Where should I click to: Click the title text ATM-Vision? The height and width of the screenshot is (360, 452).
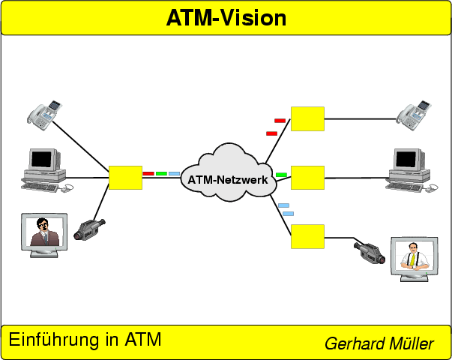coord(226,18)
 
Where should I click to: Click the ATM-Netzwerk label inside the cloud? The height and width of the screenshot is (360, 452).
coord(228,179)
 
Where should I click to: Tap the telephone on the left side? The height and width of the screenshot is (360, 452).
coord(45,112)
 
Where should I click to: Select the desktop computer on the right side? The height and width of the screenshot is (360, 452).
coord(409,168)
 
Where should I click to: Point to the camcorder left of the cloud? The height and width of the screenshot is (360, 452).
coord(89,229)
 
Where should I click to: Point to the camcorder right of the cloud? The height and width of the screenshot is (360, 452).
coord(369,253)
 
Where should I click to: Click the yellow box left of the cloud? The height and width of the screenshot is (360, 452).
coord(125,178)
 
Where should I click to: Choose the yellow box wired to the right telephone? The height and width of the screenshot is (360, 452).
coord(307,118)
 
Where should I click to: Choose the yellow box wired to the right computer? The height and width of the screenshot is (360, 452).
coord(307,178)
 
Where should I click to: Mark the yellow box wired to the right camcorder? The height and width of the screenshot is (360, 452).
coord(307,236)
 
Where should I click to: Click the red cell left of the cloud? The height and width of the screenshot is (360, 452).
coord(148,173)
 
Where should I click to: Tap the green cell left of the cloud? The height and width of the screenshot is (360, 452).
coord(161,173)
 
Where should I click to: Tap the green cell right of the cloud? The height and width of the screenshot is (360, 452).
coord(281,175)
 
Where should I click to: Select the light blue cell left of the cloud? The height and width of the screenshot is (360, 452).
coord(174,173)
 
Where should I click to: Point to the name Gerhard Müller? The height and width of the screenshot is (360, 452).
coord(379,344)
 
